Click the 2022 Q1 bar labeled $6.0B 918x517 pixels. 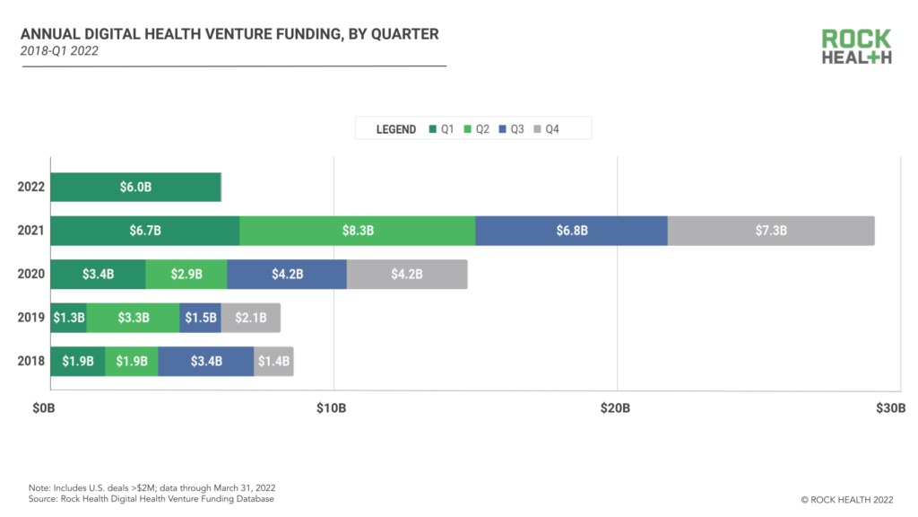[x=135, y=188]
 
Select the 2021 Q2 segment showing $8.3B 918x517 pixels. [x=357, y=231]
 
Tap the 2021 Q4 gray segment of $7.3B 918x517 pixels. [x=771, y=231]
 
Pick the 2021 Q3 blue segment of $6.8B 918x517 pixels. [x=571, y=231]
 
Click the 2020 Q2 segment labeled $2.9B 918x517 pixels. [x=186, y=275]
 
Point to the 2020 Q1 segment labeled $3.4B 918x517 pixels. [x=98, y=275]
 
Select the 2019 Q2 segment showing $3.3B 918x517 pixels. [x=133, y=318]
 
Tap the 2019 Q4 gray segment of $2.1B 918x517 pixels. [x=250, y=318]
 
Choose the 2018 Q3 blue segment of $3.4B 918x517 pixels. [x=205, y=361]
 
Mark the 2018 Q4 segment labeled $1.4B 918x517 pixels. [x=273, y=361]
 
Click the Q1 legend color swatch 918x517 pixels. [x=433, y=129]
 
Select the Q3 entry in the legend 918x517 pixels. [x=512, y=129]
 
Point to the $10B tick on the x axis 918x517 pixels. [x=332, y=408]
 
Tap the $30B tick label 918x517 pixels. [x=890, y=408]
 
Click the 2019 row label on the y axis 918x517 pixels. [x=30, y=318]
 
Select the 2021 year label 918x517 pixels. [x=30, y=231]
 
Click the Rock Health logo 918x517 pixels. [x=856, y=47]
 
